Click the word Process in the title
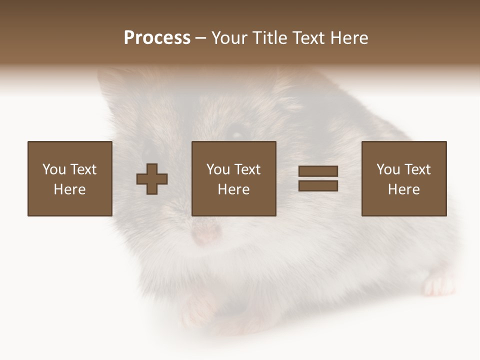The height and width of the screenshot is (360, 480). (x=157, y=38)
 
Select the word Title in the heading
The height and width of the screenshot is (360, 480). (x=270, y=38)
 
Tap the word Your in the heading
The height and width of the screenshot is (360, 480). (x=230, y=38)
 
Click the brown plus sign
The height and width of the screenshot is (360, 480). (x=152, y=179)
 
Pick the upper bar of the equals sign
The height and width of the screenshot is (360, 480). (x=318, y=171)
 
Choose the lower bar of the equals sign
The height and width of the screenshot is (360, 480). (x=318, y=186)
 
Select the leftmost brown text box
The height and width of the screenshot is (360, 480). (x=69, y=178)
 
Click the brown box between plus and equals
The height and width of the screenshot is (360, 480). (x=233, y=178)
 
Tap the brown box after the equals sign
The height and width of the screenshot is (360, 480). (x=403, y=178)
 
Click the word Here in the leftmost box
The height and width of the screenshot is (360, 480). (x=69, y=189)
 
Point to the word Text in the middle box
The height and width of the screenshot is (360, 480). (x=247, y=169)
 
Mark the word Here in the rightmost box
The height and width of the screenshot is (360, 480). (x=403, y=189)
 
